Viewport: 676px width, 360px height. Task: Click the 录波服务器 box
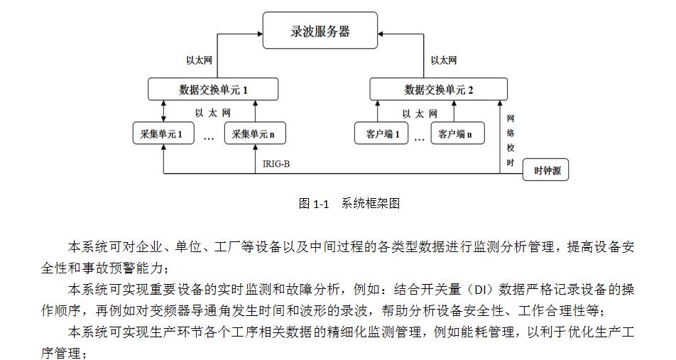click(x=321, y=32)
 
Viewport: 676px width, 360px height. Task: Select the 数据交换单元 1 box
click(x=213, y=89)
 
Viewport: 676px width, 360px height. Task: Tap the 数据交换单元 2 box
click(x=438, y=89)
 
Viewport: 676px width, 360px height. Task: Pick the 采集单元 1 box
click(x=163, y=133)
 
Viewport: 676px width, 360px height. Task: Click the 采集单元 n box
click(x=253, y=133)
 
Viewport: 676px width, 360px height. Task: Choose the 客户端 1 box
click(x=382, y=133)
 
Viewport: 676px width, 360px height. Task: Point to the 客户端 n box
click(x=457, y=133)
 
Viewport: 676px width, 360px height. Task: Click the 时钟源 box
click(x=545, y=171)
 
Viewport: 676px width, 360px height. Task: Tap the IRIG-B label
click(x=277, y=164)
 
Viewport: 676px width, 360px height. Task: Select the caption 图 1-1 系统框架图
click(x=349, y=204)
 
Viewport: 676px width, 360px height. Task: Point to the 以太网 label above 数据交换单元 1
click(x=194, y=60)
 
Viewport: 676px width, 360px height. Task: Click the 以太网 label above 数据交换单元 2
click(x=444, y=60)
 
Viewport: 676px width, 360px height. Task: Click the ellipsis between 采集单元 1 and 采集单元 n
click(x=209, y=138)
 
